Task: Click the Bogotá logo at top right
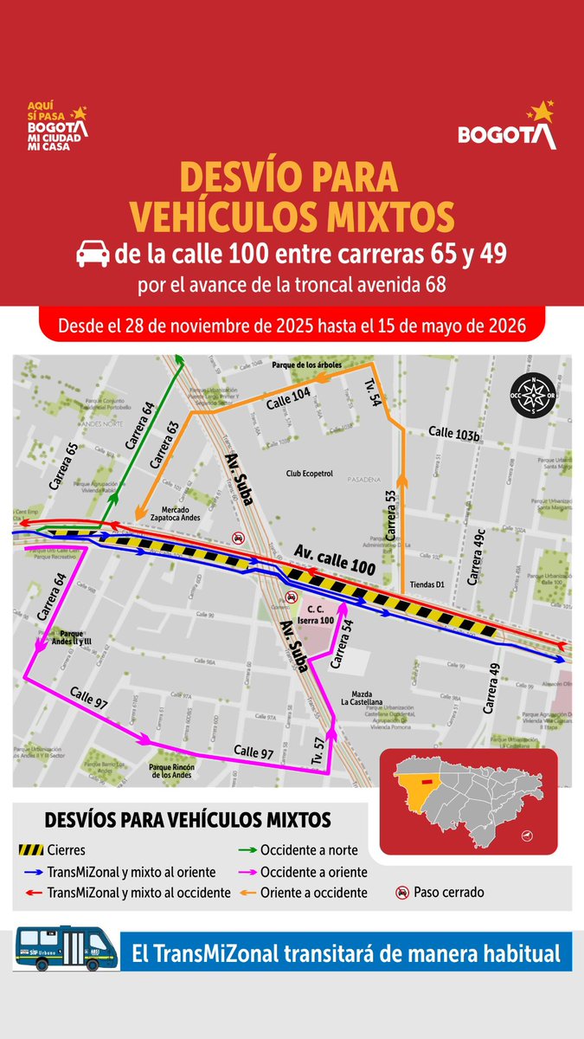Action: pyautogui.click(x=506, y=127)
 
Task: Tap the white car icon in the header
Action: pyautogui.click(x=93, y=255)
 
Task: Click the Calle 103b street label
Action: pyautogui.click(x=454, y=432)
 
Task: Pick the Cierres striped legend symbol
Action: pyautogui.click(x=31, y=849)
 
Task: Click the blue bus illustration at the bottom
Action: pyautogui.click(x=67, y=951)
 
